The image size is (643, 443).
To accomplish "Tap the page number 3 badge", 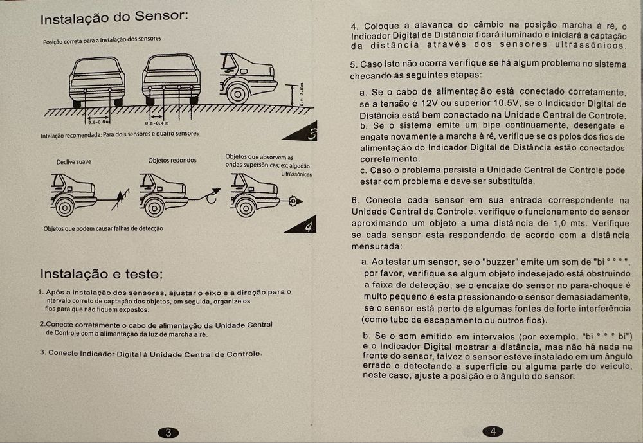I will pos(168,432).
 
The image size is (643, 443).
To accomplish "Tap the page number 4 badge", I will pos(493,431).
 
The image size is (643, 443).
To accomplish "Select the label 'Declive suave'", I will pos(73,162).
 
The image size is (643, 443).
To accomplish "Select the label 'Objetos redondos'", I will pos(172,160).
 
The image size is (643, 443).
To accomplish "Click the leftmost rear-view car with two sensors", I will pos(97,82).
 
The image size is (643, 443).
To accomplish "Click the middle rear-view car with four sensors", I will pos(170,80).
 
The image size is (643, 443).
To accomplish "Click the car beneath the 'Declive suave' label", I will pos(73,194).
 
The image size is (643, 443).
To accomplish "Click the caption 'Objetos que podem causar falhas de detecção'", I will pos(104,228).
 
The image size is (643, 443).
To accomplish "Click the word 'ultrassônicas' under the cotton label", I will pos(296,174).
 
